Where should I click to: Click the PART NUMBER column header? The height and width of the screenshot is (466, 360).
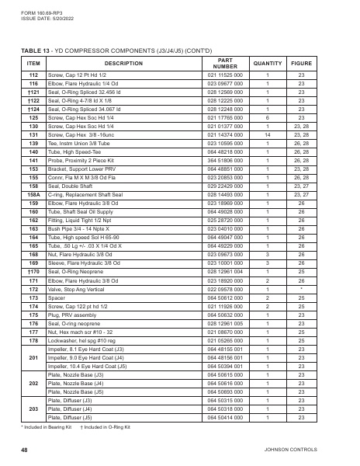226,63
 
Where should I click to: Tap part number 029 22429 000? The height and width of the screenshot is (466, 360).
226,186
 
